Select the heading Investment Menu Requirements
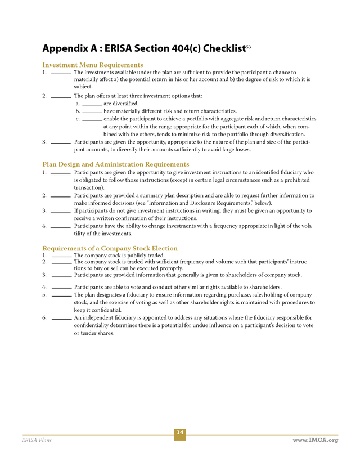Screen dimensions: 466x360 coord(93,65)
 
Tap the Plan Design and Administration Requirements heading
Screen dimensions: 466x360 coord(116,164)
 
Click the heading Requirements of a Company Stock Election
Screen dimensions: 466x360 coord(110,248)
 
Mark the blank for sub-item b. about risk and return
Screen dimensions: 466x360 coord(92,113)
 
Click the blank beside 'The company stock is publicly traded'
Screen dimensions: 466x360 coord(61,257)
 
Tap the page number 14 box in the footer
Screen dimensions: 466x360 coord(179,433)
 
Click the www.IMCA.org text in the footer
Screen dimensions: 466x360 coord(316,440)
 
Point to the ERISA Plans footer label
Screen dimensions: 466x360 coord(37,440)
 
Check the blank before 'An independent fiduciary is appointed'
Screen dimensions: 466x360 coord(61,319)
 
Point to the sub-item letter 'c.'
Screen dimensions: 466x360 coord(78,119)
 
